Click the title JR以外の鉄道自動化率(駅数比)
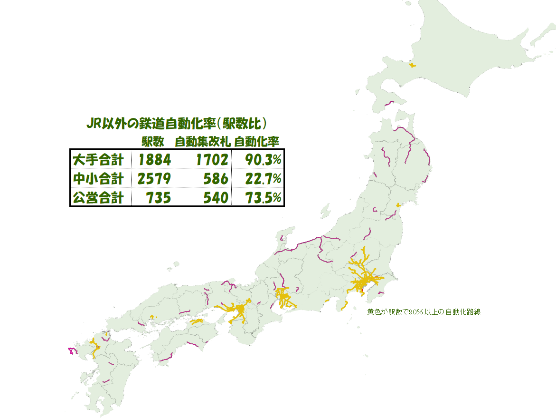(176, 124)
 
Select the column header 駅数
(153, 141)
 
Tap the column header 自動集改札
(203, 141)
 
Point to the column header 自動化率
(257, 141)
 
